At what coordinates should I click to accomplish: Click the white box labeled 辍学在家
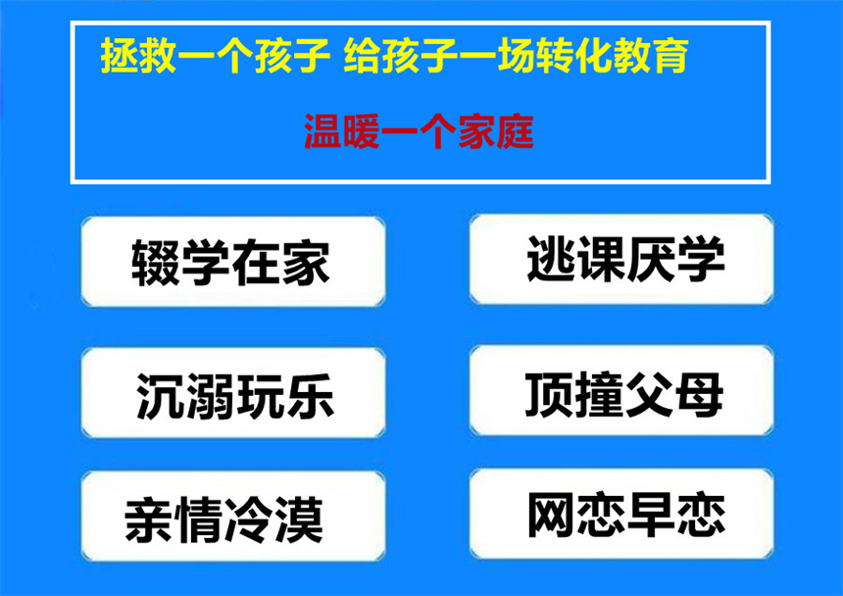(233, 262)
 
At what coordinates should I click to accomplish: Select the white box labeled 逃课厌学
(621, 259)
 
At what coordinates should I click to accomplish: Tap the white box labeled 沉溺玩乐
(233, 392)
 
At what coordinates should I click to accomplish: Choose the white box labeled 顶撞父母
(621, 390)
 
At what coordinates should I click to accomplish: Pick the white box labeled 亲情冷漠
(233, 517)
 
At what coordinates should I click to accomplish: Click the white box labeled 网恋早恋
(621, 514)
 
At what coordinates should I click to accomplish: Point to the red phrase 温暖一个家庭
(419, 131)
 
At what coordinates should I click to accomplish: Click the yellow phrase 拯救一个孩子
(215, 55)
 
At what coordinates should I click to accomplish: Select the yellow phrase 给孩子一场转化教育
(516, 55)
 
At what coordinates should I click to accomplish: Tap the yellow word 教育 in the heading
(651, 55)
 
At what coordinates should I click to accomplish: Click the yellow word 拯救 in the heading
(138, 55)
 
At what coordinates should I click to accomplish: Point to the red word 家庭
(496, 131)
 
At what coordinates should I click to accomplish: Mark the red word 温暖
(342, 131)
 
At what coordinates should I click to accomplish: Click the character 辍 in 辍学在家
(156, 263)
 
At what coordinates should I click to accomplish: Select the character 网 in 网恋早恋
(552, 515)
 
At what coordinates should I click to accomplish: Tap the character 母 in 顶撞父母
(699, 395)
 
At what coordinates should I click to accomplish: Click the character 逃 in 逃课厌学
(551, 260)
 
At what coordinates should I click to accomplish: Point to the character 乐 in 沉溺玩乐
(311, 396)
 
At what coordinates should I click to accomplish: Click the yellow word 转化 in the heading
(573, 55)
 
